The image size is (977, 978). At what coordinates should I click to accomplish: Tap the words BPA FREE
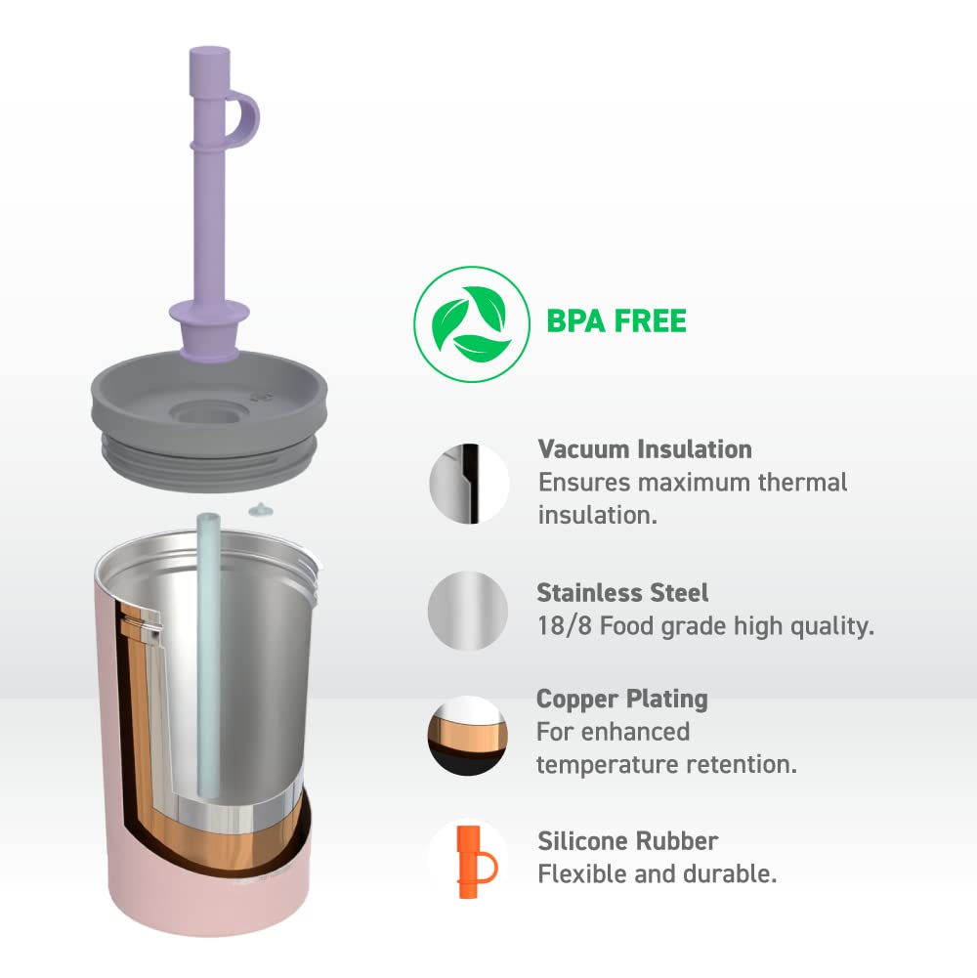tap(616, 320)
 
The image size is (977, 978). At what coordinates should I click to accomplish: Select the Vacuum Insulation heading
tap(645, 449)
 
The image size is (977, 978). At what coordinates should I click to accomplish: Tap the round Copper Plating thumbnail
tap(467, 736)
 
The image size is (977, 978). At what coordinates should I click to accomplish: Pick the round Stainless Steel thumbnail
tap(468, 611)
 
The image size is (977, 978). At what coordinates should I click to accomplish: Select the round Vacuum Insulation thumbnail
tap(469, 484)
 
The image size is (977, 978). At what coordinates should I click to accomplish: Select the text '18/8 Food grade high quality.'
tap(704, 626)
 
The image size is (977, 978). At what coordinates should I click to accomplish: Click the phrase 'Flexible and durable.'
tap(658, 874)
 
